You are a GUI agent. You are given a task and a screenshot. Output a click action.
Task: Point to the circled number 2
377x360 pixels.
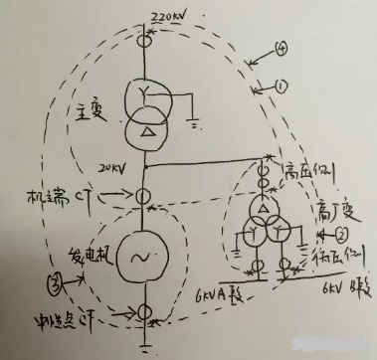(x=339, y=234)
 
